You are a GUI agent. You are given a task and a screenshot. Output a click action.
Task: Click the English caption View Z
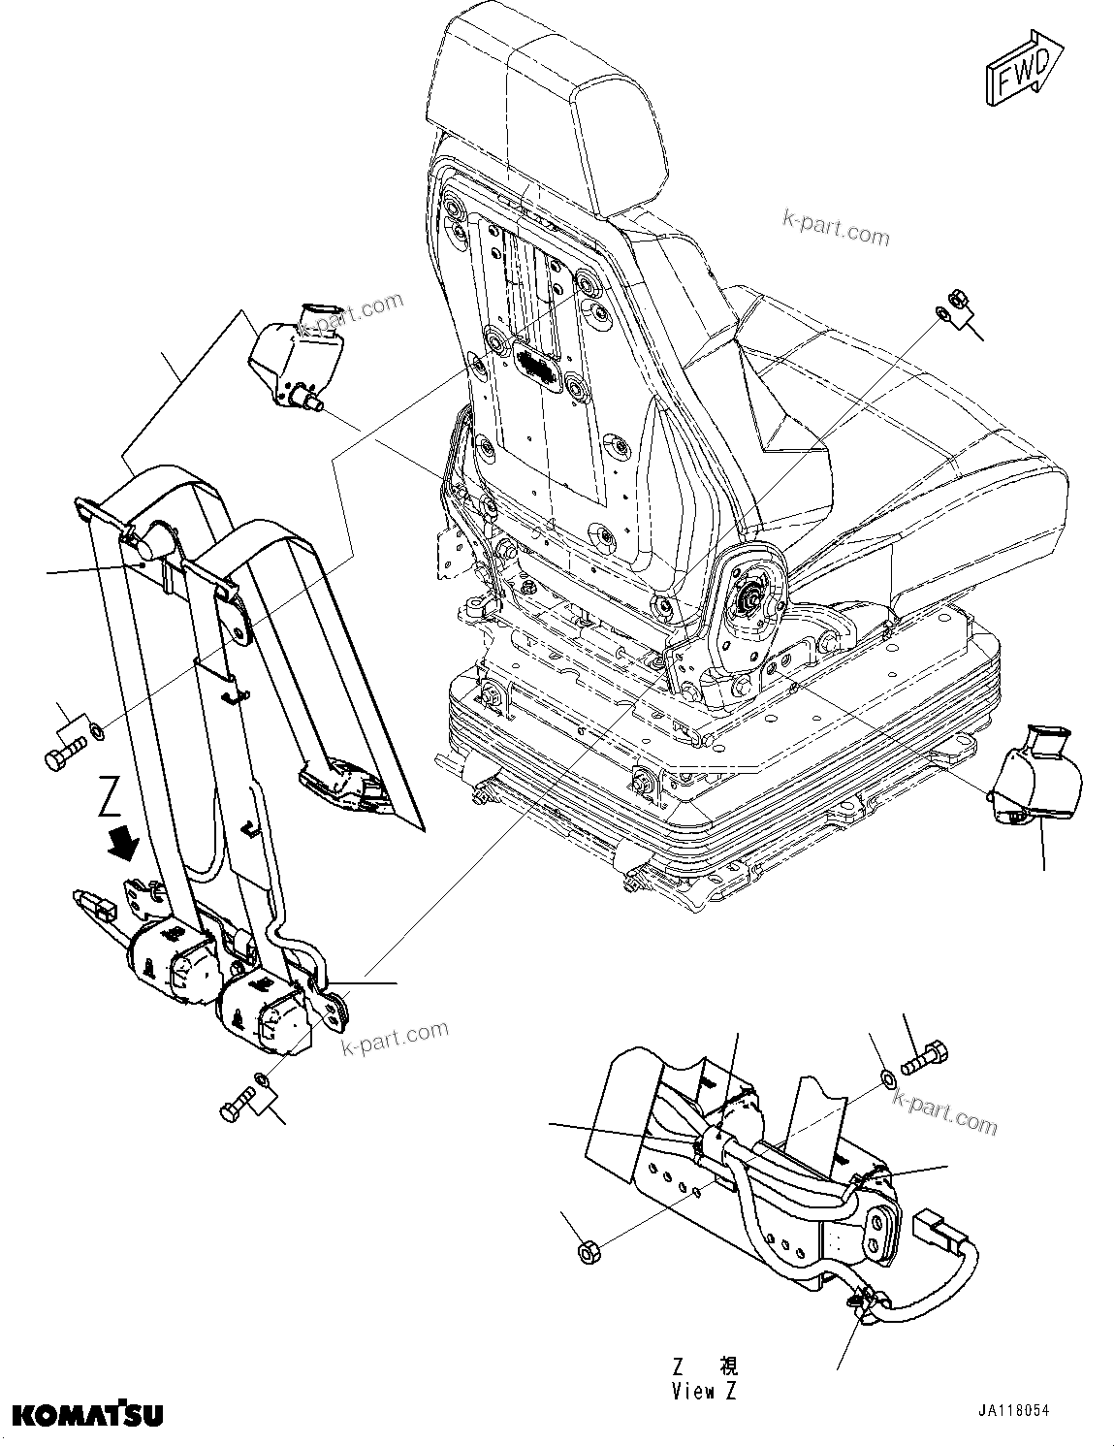[705, 1391]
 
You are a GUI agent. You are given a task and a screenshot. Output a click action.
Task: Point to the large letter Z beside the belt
[111, 800]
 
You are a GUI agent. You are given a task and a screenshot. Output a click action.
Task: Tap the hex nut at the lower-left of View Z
[587, 1252]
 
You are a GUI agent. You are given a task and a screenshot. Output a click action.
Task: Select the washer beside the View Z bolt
[887, 1076]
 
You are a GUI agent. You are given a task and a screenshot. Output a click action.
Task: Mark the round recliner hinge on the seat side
[748, 601]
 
